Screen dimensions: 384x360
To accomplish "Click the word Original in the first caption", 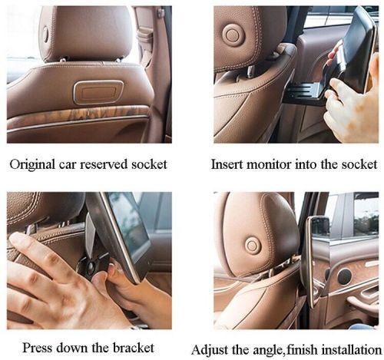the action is pyautogui.click(x=32, y=164).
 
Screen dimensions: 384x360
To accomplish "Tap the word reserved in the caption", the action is pyautogui.click(x=104, y=164).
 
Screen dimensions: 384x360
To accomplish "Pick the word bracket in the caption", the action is pyautogui.click(x=134, y=348).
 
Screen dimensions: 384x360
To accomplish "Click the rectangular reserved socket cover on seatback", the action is pyautogui.click(x=98, y=92).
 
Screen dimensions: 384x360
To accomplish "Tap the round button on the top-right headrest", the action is pyautogui.click(x=232, y=35).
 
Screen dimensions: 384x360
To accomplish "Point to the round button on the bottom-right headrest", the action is pyautogui.click(x=252, y=245).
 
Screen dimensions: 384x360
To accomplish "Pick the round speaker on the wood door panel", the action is pyautogui.click(x=344, y=276).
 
